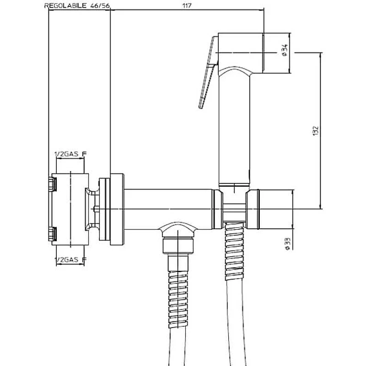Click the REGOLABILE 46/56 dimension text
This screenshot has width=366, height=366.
point(77,5)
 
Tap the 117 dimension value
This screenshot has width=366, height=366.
point(187,5)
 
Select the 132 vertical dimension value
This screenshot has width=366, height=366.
point(315,131)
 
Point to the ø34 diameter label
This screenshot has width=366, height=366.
point(285,50)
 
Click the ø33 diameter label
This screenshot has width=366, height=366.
point(288,244)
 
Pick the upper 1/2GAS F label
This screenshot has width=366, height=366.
point(70,154)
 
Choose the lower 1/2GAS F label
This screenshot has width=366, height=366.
point(70,259)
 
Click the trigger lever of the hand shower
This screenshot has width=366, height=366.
point(208,72)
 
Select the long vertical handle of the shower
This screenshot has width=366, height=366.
point(234,129)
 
